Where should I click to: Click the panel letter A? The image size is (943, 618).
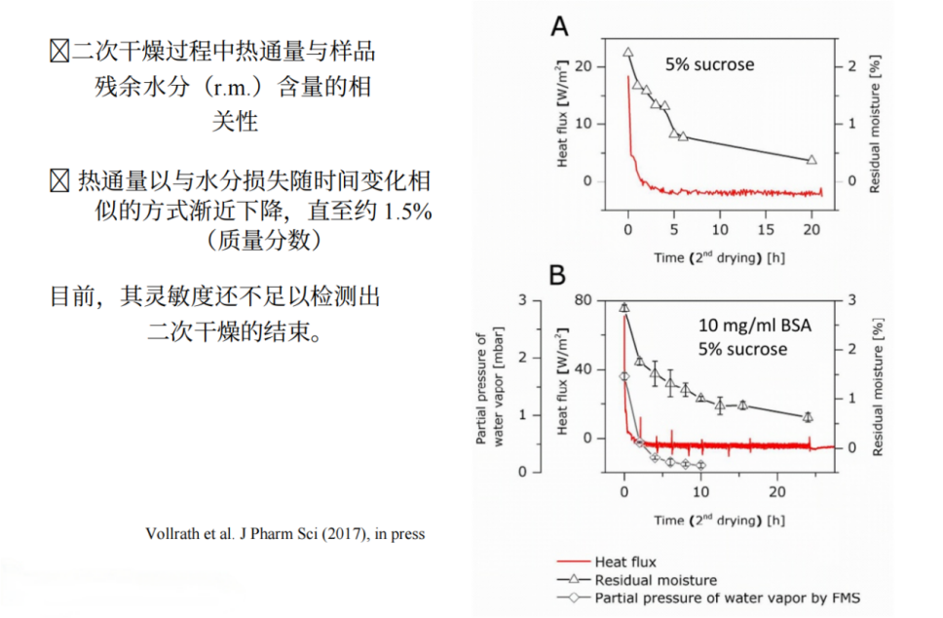point(559,27)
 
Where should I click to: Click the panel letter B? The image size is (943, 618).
point(558,276)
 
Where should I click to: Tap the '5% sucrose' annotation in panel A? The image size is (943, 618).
point(710,65)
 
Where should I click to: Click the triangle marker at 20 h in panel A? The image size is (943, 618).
point(811,159)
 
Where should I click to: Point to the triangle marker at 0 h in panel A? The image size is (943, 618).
point(628,53)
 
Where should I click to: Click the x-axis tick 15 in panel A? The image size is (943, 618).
point(766,228)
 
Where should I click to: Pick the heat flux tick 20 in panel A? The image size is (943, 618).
point(584,66)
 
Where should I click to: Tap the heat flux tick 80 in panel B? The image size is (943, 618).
point(584,300)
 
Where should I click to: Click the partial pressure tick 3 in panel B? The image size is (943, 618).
point(521,300)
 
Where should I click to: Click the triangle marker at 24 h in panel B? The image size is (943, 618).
point(807,416)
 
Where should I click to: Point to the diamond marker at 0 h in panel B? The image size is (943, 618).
point(624,376)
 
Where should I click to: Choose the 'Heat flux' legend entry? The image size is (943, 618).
point(625,561)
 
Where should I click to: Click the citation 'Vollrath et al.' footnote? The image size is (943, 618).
point(284,534)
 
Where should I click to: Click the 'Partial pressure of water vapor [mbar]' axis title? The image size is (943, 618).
point(488,387)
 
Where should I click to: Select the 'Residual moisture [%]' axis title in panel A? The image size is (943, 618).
point(875,125)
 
